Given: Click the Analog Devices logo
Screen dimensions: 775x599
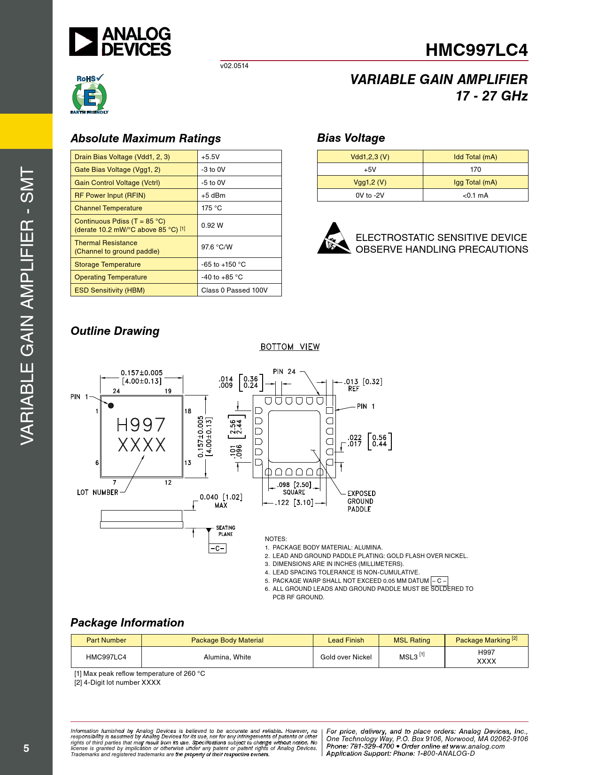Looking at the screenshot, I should coord(120,42).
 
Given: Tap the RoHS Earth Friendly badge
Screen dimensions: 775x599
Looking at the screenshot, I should coord(89,94).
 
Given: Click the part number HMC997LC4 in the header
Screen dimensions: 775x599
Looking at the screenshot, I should coord(476,50).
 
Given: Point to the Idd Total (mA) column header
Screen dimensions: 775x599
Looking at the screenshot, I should coord(475,157).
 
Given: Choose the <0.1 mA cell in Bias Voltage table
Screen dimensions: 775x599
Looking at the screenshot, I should coord(475,195).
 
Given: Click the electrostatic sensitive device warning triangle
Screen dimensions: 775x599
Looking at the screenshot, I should coord(334,239).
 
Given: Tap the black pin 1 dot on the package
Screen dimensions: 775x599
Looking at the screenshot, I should coord(111,405).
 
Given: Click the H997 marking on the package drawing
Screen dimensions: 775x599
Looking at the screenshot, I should coord(141,425).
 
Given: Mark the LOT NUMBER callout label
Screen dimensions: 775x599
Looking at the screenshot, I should coord(98,492).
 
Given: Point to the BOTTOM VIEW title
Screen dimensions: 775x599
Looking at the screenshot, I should coord(290,347).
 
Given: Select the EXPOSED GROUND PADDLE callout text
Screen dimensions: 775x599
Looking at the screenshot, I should coord(361,501).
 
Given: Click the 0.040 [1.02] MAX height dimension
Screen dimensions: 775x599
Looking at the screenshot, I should coord(221,501).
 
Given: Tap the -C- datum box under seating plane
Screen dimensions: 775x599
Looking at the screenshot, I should coord(217,548).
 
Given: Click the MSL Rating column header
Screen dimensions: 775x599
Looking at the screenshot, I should coord(412,640).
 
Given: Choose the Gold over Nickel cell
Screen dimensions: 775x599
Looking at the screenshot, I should coord(346,657).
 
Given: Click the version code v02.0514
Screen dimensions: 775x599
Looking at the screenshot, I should coord(234,66).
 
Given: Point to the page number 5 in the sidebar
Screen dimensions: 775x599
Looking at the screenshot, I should coord(26,748).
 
